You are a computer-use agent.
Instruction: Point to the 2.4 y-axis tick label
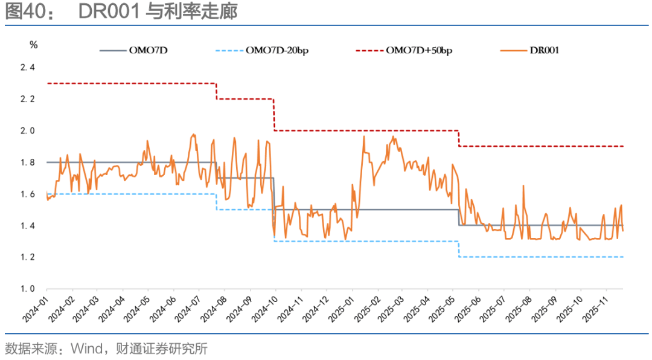click(x=28, y=67)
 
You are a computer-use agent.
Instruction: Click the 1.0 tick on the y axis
click(x=28, y=289)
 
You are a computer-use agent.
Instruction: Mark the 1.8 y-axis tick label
click(x=28, y=162)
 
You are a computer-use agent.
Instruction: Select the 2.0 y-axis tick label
click(x=28, y=130)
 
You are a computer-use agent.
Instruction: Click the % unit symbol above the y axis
click(x=34, y=44)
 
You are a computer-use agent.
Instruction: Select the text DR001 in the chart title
click(x=110, y=12)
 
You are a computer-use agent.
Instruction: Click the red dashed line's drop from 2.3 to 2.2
click(x=217, y=91)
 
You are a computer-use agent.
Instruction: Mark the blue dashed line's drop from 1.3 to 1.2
click(x=459, y=249)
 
